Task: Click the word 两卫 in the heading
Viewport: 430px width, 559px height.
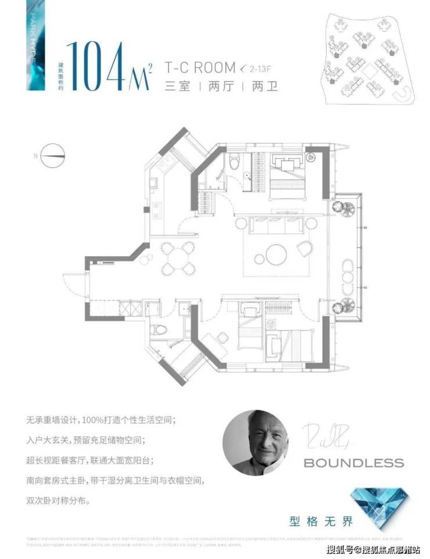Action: click(x=266, y=87)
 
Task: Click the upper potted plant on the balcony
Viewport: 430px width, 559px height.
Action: click(x=339, y=208)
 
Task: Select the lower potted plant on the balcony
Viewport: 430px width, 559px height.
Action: click(x=340, y=308)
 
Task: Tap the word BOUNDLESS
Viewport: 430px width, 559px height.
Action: click(x=354, y=463)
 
